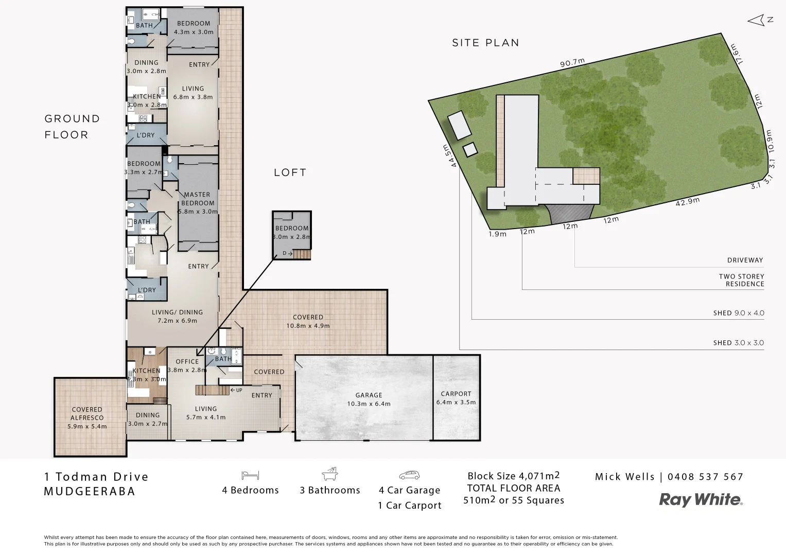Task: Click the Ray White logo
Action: coord(701,499)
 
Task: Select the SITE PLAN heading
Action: coord(485,43)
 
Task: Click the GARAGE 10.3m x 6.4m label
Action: coord(369,399)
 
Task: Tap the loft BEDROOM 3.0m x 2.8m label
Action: coord(292,232)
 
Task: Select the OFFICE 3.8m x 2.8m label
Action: coord(187,365)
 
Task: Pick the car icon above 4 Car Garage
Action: coord(409,475)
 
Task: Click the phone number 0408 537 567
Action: coord(705,477)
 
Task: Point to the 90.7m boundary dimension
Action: coord(572,63)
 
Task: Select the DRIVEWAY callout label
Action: coord(745,260)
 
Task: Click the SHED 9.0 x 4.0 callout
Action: coord(738,313)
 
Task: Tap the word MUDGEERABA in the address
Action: coord(90,491)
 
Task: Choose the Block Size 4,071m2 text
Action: coord(513,476)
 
